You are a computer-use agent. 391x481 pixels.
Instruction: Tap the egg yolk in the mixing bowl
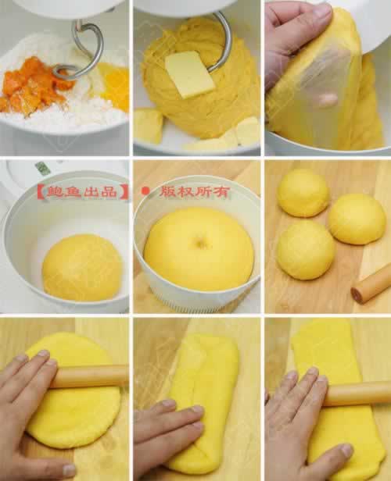point(114,85)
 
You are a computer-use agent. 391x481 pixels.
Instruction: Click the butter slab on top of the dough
point(190,74)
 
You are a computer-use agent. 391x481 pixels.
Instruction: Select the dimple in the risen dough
point(200,242)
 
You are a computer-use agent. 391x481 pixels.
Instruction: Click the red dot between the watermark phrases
point(145,191)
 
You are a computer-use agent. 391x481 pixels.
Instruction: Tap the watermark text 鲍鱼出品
point(82,192)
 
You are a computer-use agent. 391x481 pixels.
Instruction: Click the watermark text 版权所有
point(194,192)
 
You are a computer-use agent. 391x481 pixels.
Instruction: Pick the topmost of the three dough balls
point(303,193)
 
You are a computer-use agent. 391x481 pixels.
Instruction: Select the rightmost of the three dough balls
point(357,219)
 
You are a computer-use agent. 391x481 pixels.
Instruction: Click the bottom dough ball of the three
point(305,250)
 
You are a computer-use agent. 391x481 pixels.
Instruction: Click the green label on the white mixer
point(42,168)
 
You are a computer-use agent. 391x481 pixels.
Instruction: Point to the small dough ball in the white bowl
point(82,268)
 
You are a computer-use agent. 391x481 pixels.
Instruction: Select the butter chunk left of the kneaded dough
point(148,126)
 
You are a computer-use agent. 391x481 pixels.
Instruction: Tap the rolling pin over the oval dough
point(90,376)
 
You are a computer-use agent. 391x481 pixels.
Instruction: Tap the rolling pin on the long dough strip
point(357,394)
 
